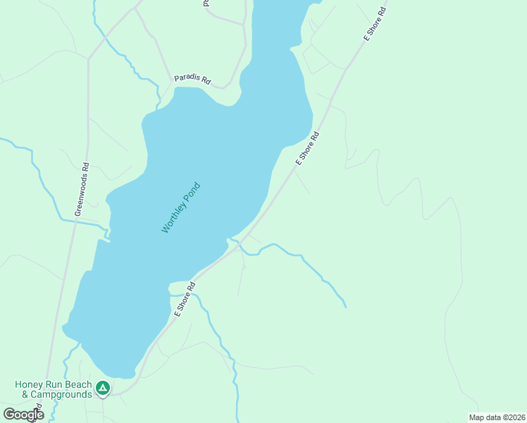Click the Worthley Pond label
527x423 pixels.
click(181, 208)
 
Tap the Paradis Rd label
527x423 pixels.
click(193, 79)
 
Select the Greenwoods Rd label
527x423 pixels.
click(82, 190)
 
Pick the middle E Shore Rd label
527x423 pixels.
click(308, 148)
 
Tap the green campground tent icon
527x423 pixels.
click(103, 387)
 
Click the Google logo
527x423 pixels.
click(23, 414)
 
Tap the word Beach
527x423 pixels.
click(79, 384)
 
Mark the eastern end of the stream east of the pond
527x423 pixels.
click(346, 307)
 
